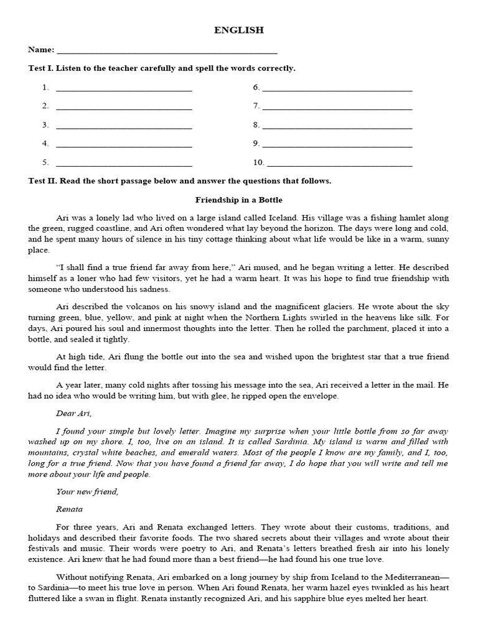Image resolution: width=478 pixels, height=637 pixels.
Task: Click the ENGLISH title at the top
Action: click(x=239, y=30)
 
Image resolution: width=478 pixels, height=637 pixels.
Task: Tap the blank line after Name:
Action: click(x=166, y=50)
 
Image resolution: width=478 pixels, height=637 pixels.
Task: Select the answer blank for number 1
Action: click(x=124, y=88)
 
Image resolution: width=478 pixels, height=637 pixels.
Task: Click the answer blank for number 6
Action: click(x=337, y=88)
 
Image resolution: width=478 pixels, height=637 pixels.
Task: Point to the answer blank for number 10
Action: click(x=339, y=163)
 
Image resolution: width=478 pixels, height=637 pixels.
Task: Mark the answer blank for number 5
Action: click(x=124, y=163)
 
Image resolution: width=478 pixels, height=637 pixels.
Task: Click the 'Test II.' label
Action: click(x=42, y=181)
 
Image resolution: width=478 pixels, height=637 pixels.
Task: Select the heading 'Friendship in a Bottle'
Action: click(x=239, y=200)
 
